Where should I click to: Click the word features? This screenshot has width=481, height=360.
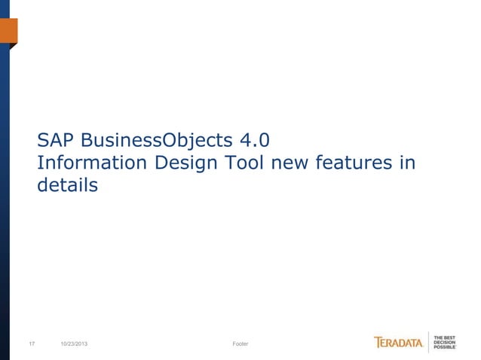[x=354, y=163]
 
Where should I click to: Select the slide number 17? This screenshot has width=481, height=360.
[x=32, y=344]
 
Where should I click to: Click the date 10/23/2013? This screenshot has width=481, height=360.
[x=78, y=344]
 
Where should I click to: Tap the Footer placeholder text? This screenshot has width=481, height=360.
[x=240, y=344]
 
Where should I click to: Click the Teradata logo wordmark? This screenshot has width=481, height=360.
[x=399, y=343]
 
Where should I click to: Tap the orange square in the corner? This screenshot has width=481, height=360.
[x=8, y=31]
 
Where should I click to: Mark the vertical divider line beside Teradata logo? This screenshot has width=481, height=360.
[x=429, y=343]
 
